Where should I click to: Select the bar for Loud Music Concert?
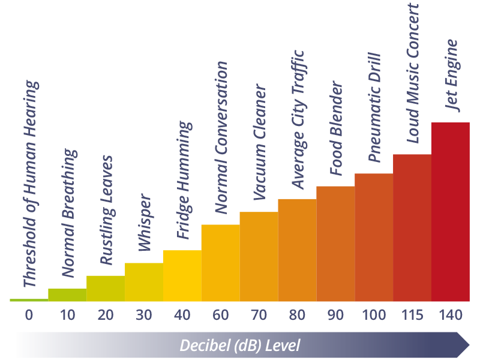click(412, 228)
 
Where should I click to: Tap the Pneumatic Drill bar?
click(374, 238)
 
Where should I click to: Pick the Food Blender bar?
click(335, 244)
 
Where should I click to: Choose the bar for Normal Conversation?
click(220, 263)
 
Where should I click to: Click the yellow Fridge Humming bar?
click(182, 276)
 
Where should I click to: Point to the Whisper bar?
click(143, 282)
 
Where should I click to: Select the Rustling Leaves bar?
click(106, 289)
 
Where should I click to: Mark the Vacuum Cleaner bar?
click(259, 257)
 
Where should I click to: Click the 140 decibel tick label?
click(450, 315)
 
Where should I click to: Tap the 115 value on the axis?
click(412, 315)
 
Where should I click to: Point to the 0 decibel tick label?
click(29, 315)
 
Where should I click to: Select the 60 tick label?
click(220, 315)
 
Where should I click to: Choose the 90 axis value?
click(335, 315)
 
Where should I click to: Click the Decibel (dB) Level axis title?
click(240, 346)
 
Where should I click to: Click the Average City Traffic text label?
click(298, 120)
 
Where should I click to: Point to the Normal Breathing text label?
click(69, 213)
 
